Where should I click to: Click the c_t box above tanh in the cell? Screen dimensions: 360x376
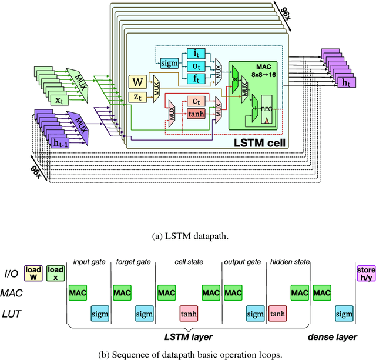pyautogui.click(x=196, y=101)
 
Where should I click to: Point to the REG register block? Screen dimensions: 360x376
pyautogui.click(x=267, y=108)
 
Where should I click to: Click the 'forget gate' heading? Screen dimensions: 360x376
pyautogui.click(x=132, y=263)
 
